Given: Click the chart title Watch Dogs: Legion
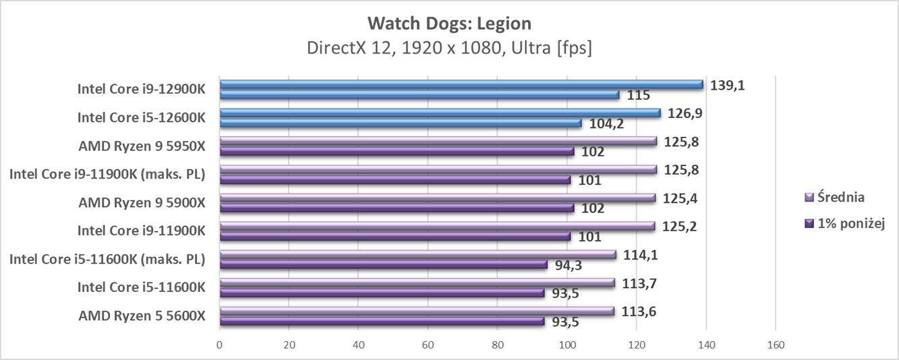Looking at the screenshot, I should (x=449, y=24).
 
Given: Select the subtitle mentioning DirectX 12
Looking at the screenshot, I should (x=449, y=49).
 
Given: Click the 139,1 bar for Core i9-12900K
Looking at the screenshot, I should (x=461, y=84).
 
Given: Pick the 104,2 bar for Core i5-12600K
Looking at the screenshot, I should (x=401, y=123).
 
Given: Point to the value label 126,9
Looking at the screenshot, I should (x=685, y=113).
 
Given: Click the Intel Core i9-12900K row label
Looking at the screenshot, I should (x=141, y=89).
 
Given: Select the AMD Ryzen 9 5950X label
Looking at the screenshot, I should (x=141, y=146).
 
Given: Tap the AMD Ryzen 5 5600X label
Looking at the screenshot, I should (x=141, y=316).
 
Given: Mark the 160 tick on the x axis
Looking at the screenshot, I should (x=776, y=345).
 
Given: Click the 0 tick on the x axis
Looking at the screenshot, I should (x=220, y=345).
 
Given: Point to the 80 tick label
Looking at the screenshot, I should (x=498, y=345).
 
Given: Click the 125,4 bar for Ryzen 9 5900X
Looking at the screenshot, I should (x=438, y=198).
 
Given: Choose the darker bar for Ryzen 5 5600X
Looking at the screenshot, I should (x=382, y=322).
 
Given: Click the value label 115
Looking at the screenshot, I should (x=638, y=95).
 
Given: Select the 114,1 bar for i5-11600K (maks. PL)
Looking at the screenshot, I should (x=418, y=254).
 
